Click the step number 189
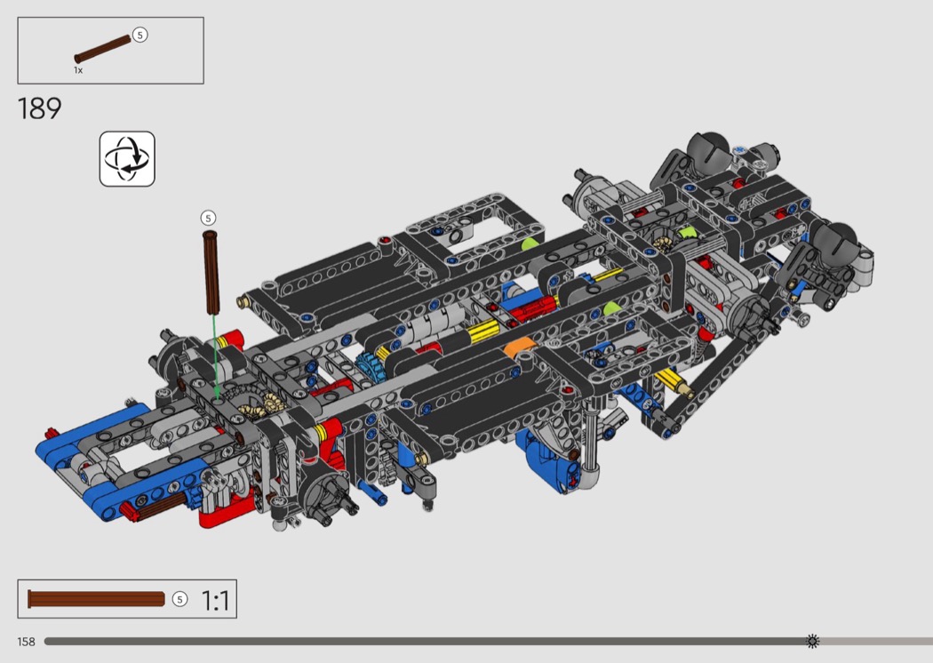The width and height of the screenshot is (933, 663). tap(39, 108)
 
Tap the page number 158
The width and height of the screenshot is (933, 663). tap(26, 642)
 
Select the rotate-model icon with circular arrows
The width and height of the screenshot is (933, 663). tap(127, 159)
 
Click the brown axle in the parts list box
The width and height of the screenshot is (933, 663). tap(102, 49)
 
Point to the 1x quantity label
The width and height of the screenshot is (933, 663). tap(78, 70)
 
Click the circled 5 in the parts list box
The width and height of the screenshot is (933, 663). tap(140, 36)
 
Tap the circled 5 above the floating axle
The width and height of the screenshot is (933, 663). tap(208, 218)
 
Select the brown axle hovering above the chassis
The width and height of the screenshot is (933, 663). tap(211, 272)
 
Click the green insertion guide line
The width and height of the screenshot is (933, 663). tap(215, 355)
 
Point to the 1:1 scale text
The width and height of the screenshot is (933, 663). tap(215, 600)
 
